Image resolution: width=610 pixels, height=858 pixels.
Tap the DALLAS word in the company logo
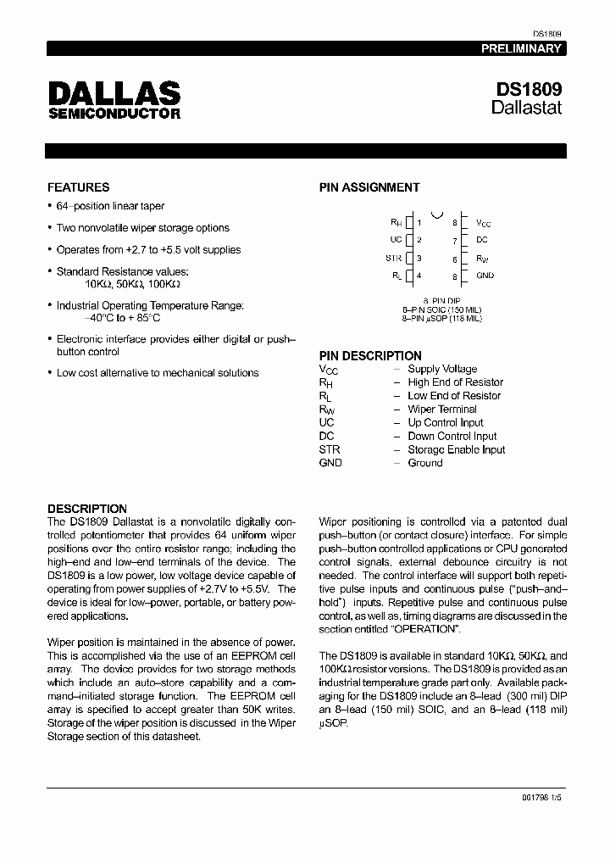[x=114, y=93]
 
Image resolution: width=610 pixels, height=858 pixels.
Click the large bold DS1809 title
[x=527, y=89]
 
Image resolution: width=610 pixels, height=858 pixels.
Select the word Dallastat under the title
[x=526, y=109]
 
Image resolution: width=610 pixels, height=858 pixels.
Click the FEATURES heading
[x=78, y=187]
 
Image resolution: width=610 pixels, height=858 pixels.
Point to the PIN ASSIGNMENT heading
[x=369, y=187]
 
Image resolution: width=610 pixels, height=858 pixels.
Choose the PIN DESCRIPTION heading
[x=369, y=356]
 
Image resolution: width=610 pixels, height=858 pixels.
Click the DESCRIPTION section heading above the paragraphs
[x=87, y=509]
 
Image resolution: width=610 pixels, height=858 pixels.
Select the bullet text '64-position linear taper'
[x=110, y=206]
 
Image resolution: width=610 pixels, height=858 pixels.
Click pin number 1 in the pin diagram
[x=419, y=222]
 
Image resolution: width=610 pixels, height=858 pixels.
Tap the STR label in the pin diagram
[x=394, y=258]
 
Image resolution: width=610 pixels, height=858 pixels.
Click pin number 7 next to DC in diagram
[x=455, y=241]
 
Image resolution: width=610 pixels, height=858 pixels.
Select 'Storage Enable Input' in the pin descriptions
[x=456, y=450]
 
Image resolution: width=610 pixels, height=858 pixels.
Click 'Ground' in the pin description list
[x=424, y=464]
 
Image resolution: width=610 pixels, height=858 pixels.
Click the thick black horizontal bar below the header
[x=305, y=151]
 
